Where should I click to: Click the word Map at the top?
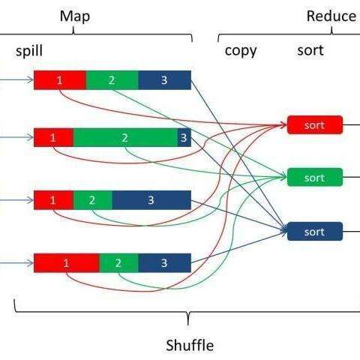pyautogui.click(x=75, y=16)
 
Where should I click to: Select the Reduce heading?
pyautogui.click(x=331, y=16)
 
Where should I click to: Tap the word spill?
pyautogui.click(x=29, y=51)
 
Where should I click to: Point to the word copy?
pyautogui.click(x=241, y=51)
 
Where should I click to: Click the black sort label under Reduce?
pyautogui.click(x=310, y=50)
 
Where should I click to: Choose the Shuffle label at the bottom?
pyautogui.click(x=190, y=346)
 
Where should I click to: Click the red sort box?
pyautogui.click(x=315, y=124)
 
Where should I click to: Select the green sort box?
pyautogui.click(x=315, y=177)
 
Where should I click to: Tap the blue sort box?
pyautogui.click(x=315, y=232)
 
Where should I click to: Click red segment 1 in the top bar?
pyautogui.click(x=60, y=80)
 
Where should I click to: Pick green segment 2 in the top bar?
pyautogui.click(x=112, y=80)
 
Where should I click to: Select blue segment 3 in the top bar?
pyautogui.click(x=165, y=80)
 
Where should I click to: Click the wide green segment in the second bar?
pyautogui.click(x=125, y=137)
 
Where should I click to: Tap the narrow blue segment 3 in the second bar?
pyautogui.click(x=184, y=137)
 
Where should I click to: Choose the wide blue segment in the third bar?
pyautogui.click(x=151, y=200)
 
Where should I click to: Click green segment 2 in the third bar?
pyautogui.click(x=93, y=200)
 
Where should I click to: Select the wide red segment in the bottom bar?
pyautogui.click(x=67, y=262)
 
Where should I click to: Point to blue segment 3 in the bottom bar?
pyautogui.click(x=165, y=262)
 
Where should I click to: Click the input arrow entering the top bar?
pyautogui.click(x=16, y=80)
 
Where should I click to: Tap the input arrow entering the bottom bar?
pyautogui.click(x=16, y=263)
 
